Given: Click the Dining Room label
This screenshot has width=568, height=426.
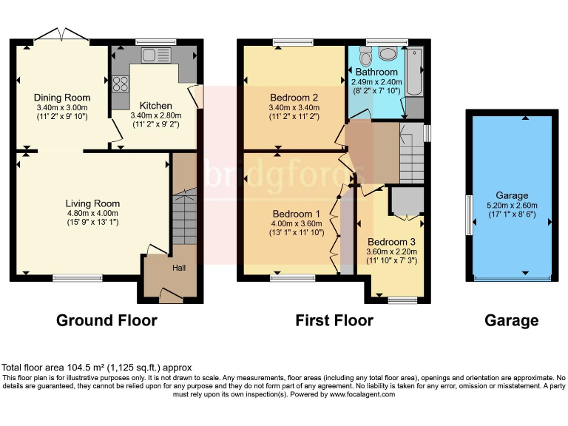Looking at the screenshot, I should pyautogui.click(x=62, y=98).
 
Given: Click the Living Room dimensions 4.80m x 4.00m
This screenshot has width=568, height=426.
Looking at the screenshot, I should pyautogui.click(x=92, y=213).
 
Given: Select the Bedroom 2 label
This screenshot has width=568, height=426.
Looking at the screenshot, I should pyautogui.click(x=294, y=98).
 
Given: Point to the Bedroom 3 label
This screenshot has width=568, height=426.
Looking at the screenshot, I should pyautogui.click(x=391, y=242).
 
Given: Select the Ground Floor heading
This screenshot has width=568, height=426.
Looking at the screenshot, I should pyautogui.click(x=107, y=320).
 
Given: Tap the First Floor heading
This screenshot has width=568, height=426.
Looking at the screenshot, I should pyautogui.click(x=334, y=320).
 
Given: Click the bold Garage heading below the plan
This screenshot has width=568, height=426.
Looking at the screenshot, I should pyautogui.click(x=511, y=320).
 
